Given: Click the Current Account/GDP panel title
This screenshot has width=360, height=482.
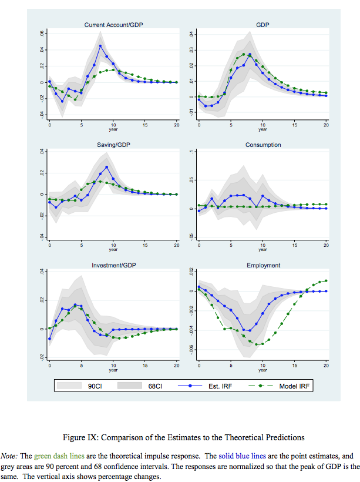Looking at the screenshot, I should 113,25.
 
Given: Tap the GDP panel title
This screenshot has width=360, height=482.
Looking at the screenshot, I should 263,25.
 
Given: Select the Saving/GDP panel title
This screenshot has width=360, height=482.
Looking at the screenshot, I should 113,145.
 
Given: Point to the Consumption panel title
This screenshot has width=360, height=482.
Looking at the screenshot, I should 263,145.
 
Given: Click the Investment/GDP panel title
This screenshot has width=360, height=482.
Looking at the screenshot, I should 113,266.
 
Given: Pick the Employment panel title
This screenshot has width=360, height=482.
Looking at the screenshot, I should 263,266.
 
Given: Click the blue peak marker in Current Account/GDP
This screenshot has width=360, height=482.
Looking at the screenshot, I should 100,46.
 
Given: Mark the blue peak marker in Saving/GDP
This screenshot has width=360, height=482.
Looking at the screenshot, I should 107,167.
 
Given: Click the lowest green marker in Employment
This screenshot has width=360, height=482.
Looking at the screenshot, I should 256,344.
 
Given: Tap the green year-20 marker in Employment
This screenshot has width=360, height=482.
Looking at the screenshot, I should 326,280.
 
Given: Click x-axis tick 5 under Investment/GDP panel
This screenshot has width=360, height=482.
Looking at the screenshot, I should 81,366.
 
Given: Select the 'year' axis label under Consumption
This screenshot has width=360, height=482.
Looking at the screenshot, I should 263,250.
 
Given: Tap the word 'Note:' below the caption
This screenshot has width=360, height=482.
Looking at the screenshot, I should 9,456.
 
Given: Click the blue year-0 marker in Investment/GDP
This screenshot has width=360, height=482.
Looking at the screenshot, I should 49,339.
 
